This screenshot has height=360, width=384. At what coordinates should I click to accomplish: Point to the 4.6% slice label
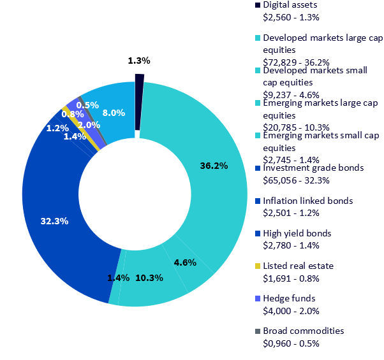click(184, 262)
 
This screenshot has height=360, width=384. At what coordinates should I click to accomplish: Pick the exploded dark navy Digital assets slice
click(139, 78)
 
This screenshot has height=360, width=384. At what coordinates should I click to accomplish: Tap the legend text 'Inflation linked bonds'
click(307, 201)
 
